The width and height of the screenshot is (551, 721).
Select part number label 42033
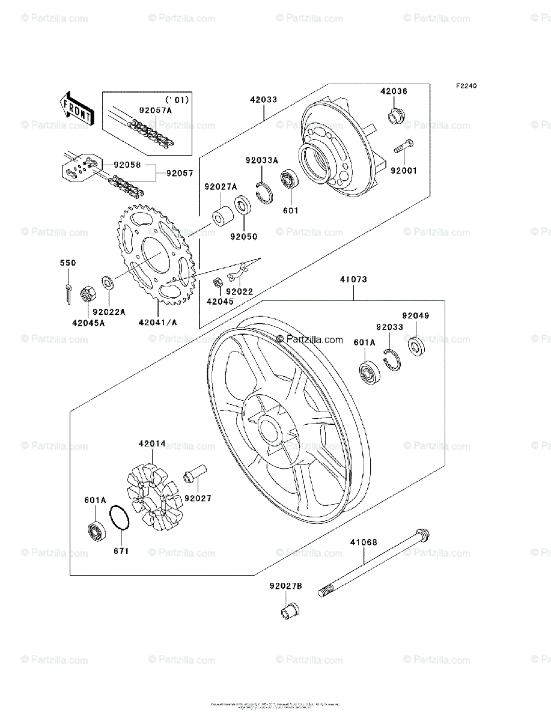[264, 100]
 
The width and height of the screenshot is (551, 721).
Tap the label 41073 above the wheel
[353, 279]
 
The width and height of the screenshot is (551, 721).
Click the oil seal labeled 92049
[416, 347]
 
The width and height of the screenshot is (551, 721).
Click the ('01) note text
[177, 99]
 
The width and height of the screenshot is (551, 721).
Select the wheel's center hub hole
[268, 430]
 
